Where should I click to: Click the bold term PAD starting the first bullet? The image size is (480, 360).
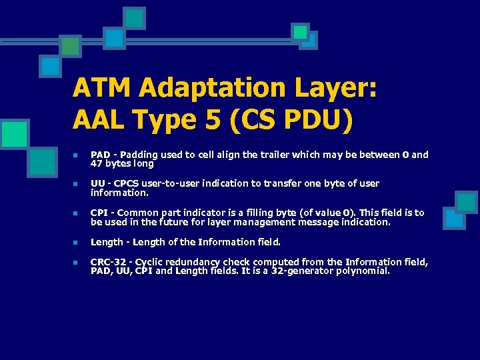pos(100,155)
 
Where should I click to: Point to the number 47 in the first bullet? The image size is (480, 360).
pos(96,163)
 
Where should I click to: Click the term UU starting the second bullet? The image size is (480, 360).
pos(97,183)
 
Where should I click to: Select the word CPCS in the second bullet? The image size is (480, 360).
pos(125,183)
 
